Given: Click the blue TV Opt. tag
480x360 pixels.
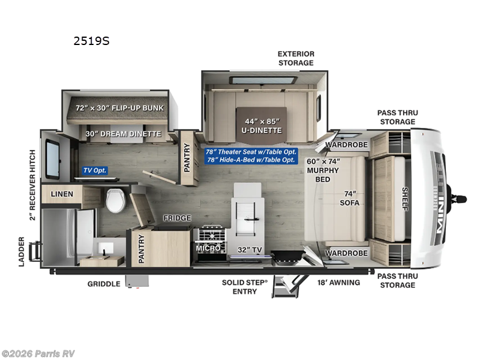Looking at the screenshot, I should (x=95, y=170).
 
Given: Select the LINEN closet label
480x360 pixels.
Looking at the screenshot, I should (x=62, y=194).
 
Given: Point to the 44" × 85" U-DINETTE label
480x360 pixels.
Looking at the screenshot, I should (x=262, y=125).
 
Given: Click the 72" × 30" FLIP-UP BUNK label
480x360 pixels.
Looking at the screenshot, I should (x=119, y=108).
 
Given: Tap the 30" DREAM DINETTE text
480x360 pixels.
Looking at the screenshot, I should (x=123, y=134).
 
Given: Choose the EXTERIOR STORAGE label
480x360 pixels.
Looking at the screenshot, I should (x=295, y=58).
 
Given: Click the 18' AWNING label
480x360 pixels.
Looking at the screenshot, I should (x=339, y=282).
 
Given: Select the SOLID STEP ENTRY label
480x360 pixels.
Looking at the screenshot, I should (x=239, y=287).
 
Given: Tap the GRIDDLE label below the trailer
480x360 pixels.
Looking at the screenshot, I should (x=104, y=284).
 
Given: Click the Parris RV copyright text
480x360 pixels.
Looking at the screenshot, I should (x=38, y=353).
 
